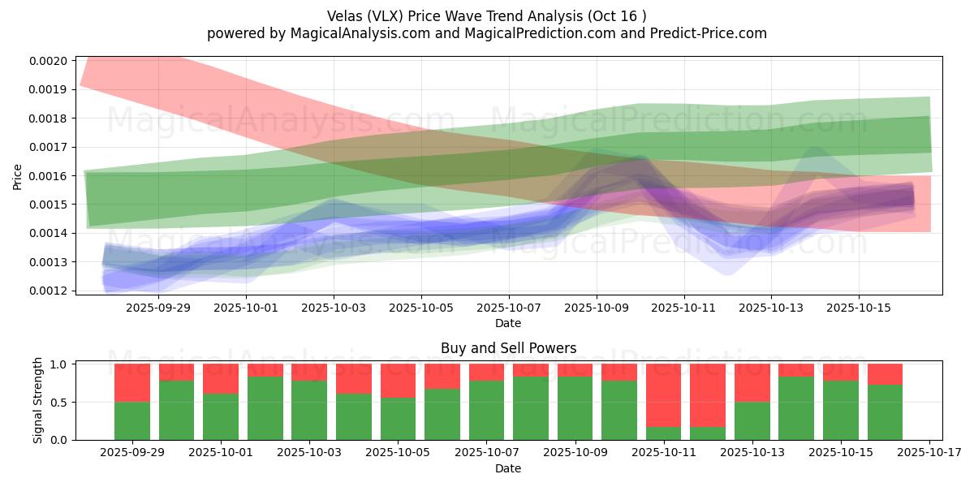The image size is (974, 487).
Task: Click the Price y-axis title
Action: coord(18,175)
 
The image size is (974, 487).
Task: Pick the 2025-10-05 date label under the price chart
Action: coord(421,308)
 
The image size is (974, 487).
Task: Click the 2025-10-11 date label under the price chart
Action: coord(684,308)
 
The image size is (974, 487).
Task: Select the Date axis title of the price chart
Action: coord(508,323)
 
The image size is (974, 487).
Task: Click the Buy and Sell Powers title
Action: coord(508,348)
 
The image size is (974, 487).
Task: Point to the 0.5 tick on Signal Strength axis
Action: coord(59,403)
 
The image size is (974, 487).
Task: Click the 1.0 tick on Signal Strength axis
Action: coord(59,364)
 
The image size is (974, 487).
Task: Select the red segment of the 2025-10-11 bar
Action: coord(663,395)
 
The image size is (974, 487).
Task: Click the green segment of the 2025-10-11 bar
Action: coord(663,433)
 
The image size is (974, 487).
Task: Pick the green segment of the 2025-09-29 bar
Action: coord(132,420)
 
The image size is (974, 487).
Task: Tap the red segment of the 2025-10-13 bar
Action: coord(752,382)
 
